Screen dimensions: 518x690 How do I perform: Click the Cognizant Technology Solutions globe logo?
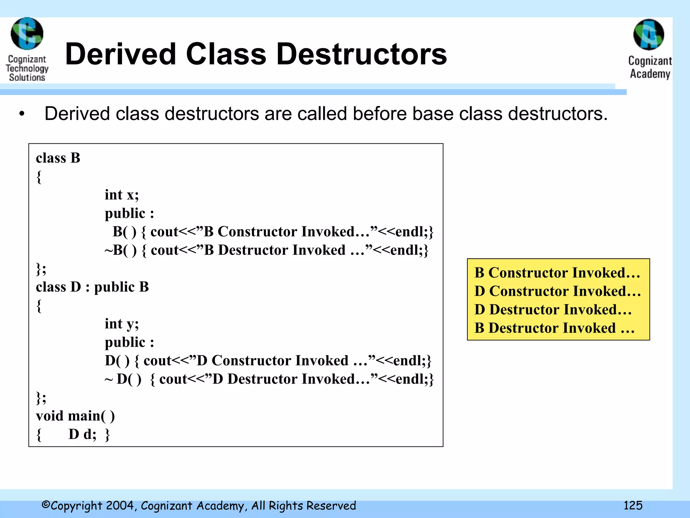[27, 34]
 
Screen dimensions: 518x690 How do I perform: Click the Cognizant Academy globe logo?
[649, 35]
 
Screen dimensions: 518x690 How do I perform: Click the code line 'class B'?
[58, 158]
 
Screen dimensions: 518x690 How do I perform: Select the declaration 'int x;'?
[122, 195]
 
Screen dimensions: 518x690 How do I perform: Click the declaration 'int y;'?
[122, 324]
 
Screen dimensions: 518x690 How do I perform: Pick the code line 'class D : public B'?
[92, 287]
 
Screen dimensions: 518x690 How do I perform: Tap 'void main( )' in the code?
[75, 416]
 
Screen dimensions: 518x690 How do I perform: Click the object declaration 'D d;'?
[82, 434]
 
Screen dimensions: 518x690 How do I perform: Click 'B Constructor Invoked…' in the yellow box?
[557, 272]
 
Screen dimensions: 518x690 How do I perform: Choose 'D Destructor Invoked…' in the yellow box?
[553, 310]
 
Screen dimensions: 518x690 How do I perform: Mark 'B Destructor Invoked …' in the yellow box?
[554, 328]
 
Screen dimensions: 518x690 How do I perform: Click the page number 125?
[633, 506]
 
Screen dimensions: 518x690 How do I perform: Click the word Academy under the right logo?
[650, 74]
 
